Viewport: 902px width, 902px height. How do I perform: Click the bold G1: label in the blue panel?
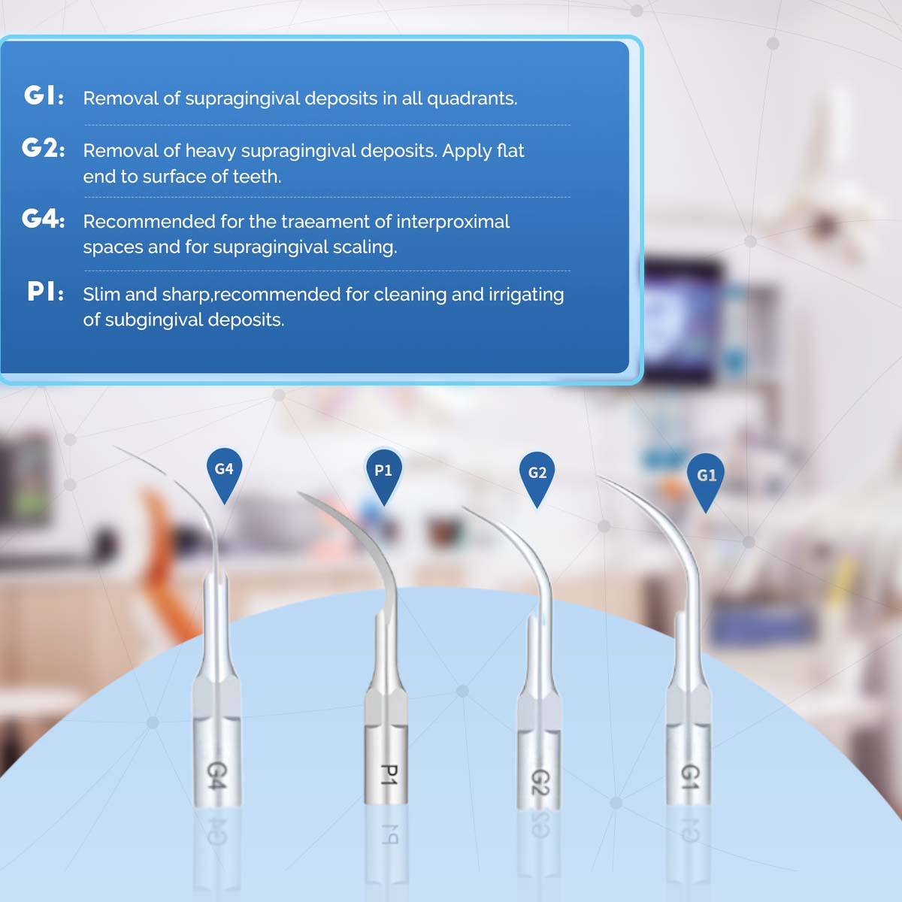44,96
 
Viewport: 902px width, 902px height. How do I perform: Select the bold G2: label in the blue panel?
43,148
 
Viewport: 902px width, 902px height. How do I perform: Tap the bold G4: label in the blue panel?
43,219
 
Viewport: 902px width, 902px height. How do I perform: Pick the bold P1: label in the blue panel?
45,292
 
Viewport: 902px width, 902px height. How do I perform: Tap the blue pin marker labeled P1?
383,473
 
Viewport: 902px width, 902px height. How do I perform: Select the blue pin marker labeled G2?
537,475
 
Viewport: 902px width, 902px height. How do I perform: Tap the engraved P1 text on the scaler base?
388,775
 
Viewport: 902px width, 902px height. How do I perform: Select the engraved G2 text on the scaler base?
540,782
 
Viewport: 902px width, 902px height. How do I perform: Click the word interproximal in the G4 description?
453,222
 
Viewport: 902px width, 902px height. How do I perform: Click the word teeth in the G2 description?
256,177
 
